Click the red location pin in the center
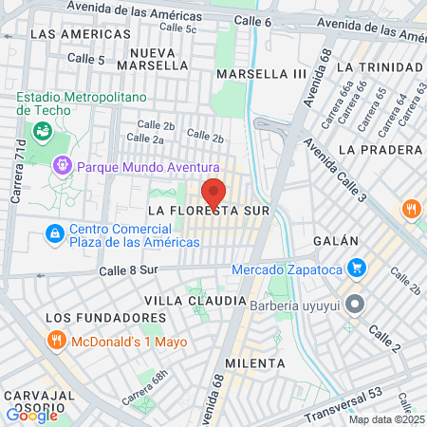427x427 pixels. (213, 192)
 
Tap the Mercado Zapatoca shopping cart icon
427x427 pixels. (357, 269)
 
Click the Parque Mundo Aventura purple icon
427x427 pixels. (63, 166)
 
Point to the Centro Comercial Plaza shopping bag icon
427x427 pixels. (55, 233)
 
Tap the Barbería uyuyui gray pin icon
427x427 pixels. (355, 306)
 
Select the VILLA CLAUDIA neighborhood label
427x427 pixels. (195, 301)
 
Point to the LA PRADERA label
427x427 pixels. (379, 150)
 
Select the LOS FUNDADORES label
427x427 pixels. (98, 317)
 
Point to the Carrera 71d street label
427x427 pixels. (16, 176)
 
